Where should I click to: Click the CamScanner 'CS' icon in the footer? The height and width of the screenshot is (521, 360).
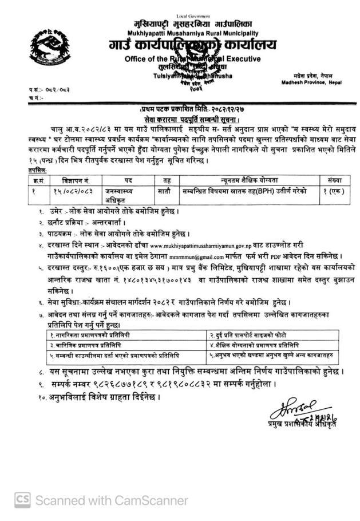(x=22, y=499)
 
